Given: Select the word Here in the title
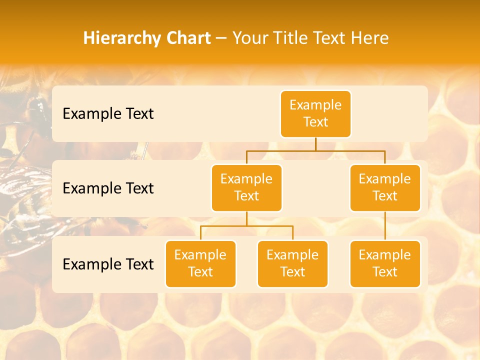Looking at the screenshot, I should (369, 38).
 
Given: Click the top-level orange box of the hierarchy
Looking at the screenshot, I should (315, 113).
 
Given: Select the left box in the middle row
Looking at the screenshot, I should (246, 187).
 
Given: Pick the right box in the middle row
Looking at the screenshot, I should (385, 187).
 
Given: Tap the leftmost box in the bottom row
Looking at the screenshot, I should (200, 263).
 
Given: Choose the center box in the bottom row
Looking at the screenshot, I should (292, 263).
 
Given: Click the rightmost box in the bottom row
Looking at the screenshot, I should (385, 263).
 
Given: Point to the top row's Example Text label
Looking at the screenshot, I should (108, 114).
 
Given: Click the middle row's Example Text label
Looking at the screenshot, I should (108, 188).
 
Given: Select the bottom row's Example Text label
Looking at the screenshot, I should (108, 264).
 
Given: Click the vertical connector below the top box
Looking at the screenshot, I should (315, 144).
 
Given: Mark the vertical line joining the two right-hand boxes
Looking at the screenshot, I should (385, 226).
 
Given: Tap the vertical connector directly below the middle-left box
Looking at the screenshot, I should (246, 218).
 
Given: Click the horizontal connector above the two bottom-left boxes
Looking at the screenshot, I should (246, 226).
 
